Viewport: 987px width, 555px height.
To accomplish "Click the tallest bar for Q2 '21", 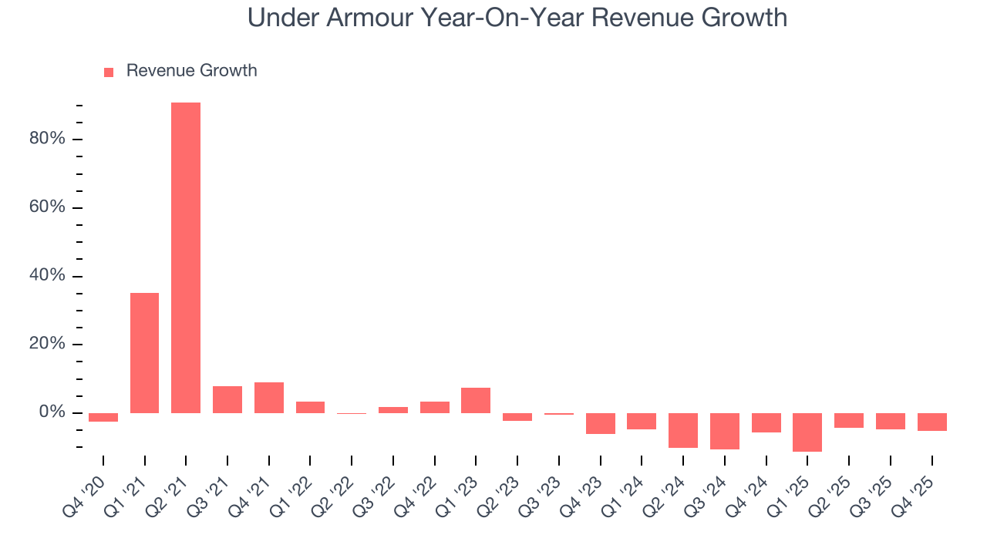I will coord(186,257).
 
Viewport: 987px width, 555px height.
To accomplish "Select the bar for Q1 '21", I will coord(144,353).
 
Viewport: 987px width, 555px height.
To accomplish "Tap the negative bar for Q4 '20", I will coord(103,417).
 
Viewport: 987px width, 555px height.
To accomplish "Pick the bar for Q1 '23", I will coord(476,400).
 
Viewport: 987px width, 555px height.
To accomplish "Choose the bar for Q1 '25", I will coord(807,432).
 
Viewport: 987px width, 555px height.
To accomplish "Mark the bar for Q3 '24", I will coord(725,431).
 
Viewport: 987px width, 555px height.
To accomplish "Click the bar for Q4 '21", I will coord(269,398).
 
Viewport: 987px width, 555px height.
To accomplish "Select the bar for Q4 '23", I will coord(601,423).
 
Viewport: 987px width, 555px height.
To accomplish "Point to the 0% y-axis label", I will coord(52,413).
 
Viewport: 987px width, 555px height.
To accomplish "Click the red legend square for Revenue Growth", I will coord(109,72).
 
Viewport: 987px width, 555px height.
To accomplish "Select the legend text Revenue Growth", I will coord(191,71).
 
